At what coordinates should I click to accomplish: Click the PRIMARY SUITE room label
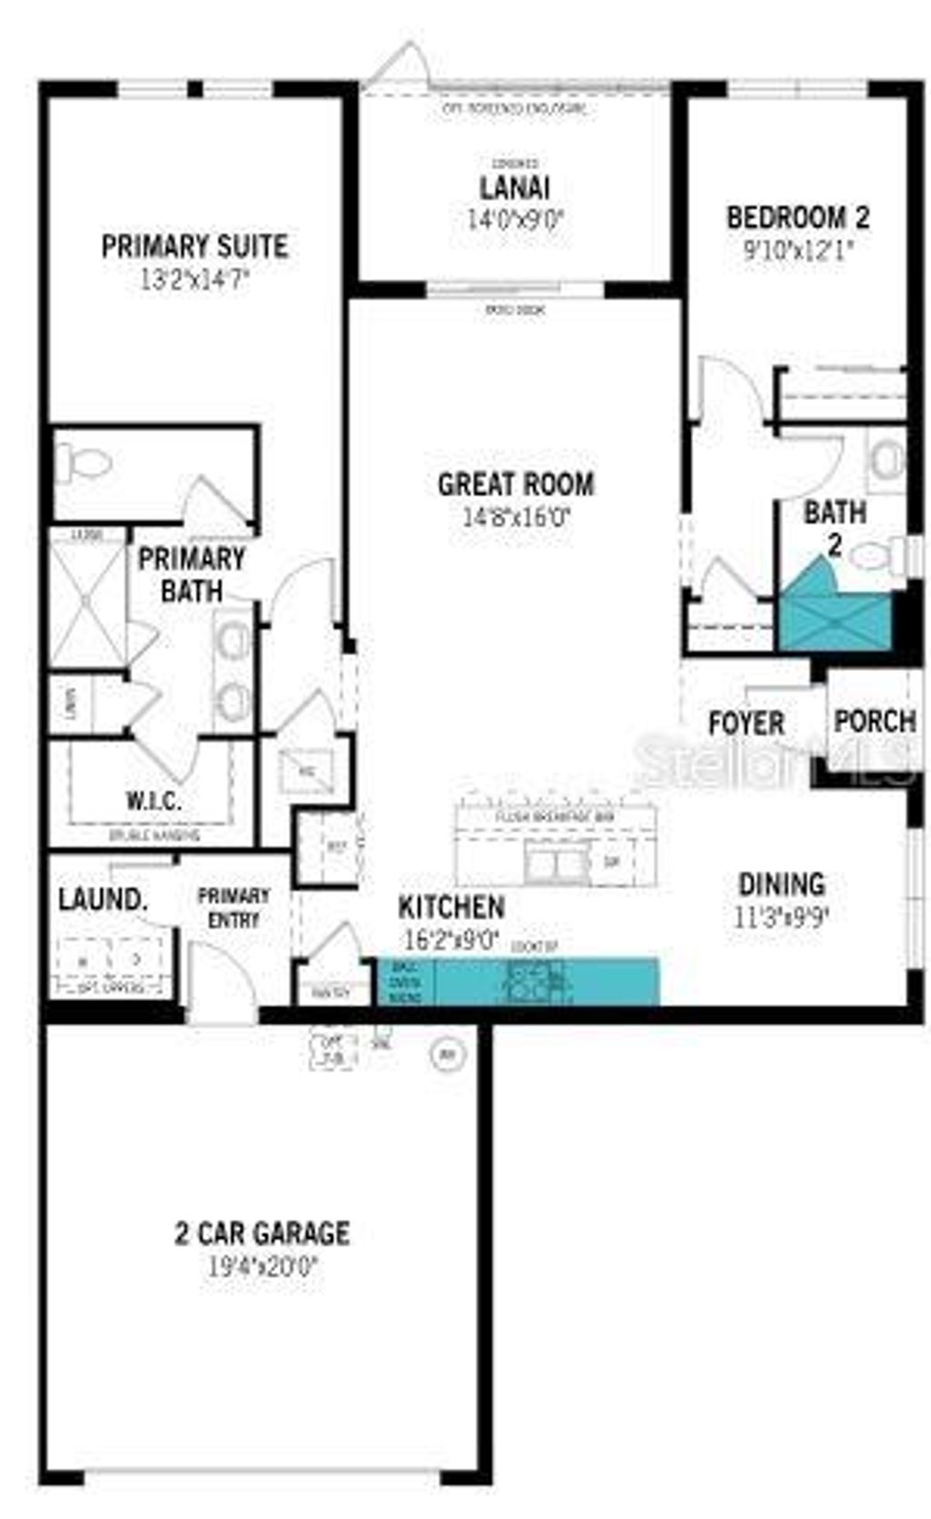coord(195,246)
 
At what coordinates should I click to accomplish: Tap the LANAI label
coord(515,188)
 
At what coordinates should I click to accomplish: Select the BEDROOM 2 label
coord(797,217)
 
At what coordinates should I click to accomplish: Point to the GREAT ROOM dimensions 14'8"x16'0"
coord(516,517)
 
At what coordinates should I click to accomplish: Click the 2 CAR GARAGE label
coord(262,1233)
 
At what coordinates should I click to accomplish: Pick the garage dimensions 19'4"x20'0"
coord(262,1265)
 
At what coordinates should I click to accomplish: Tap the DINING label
coord(781,884)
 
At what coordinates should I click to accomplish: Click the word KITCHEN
coord(451,906)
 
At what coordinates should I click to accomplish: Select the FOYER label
coord(746,724)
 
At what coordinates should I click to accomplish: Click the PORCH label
coord(875,722)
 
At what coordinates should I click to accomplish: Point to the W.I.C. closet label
coord(153,801)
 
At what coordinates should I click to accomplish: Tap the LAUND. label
coord(103,900)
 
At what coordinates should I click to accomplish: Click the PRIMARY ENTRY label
coord(234,907)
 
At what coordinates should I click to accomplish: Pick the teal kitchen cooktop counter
coord(518,981)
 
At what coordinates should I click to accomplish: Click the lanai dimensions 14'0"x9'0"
coord(515,219)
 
